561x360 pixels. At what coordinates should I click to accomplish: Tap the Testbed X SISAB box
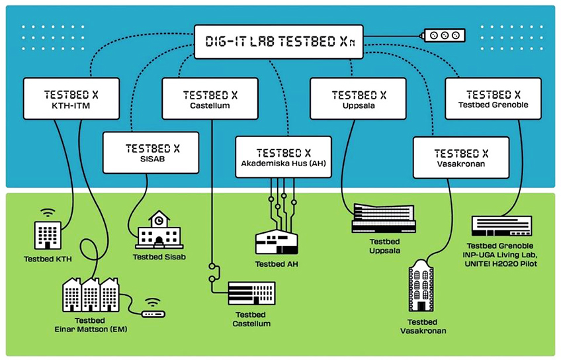click(x=151, y=153)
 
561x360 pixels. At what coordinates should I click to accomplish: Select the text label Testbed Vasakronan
click(x=422, y=326)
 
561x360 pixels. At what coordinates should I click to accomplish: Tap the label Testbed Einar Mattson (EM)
click(x=91, y=325)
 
